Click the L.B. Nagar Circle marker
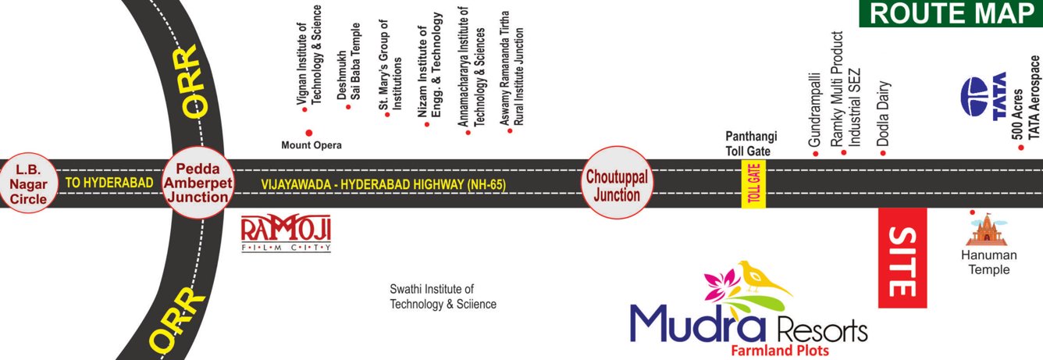[29, 184]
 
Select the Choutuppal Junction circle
[616, 182]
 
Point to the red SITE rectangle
[902, 258]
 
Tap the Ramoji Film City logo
[286, 232]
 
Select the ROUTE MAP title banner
[950, 13]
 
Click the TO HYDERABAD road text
[109, 183]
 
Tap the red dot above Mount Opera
[309, 133]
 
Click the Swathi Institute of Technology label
[443, 297]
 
